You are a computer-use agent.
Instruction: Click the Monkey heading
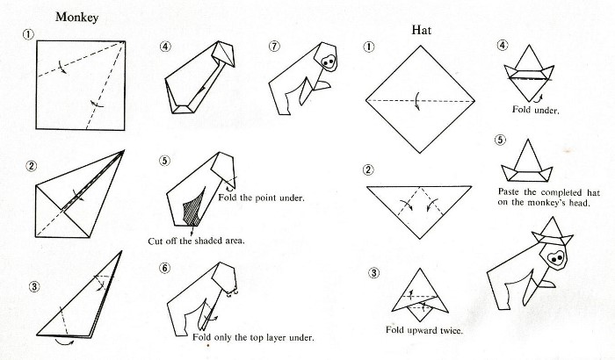point(76,18)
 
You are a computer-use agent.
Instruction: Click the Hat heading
point(421,30)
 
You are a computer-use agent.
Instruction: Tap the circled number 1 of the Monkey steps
point(28,34)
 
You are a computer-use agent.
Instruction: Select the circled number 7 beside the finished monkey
point(274,47)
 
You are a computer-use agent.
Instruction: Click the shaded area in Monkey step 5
point(194,207)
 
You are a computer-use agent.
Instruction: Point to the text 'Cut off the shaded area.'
point(196,241)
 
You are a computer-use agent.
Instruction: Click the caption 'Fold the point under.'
point(261,198)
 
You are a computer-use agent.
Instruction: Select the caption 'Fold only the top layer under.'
point(253,337)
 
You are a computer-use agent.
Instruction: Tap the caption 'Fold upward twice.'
point(424,330)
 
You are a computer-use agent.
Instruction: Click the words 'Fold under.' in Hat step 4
point(535,110)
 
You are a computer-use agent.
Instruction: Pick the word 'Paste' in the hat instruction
point(510,191)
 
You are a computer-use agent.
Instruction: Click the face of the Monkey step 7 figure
point(329,61)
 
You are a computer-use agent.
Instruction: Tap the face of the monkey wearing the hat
point(556,258)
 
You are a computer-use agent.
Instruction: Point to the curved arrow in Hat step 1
point(418,101)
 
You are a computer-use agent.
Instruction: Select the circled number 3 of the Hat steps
point(373,272)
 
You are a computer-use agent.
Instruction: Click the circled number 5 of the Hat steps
point(500,140)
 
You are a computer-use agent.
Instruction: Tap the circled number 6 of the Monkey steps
point(165,268)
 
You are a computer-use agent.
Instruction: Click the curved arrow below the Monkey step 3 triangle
point(64,342)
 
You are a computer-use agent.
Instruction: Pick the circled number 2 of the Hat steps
point(368,169)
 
